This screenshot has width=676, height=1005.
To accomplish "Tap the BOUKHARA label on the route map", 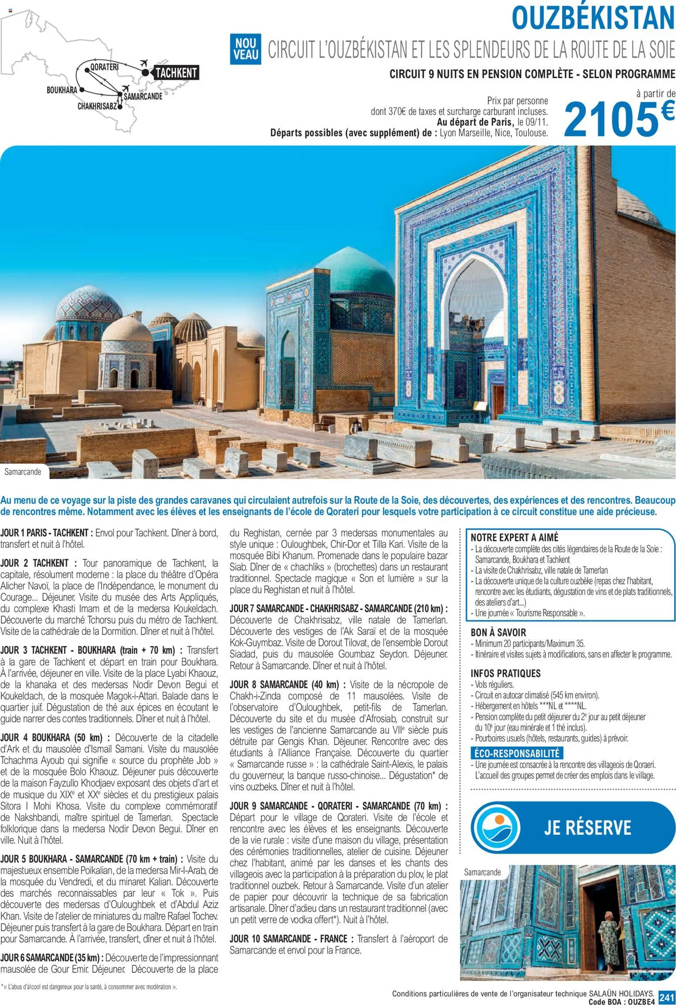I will click(x=61, y=90).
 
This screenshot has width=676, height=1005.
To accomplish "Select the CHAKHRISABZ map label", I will click(x=97, y=106).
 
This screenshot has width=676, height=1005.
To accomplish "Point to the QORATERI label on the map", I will click(x=104, y=67).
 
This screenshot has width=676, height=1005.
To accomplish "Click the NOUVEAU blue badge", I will click(x=246, y=49).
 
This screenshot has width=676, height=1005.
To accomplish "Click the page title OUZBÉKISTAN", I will click(x=593, y=18).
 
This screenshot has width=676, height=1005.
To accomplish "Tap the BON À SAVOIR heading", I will click(x=498, y=632).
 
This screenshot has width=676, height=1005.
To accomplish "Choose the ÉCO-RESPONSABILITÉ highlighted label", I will click(x=517, y=753).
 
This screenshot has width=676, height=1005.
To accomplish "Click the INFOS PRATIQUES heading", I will click(x=505, y=673).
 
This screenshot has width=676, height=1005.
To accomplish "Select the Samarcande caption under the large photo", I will click(x=23, y=471).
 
